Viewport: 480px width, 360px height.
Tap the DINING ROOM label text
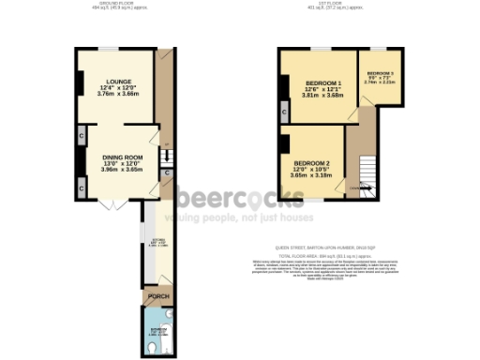tap(121, 157)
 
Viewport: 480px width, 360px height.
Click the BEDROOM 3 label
tap(380, 73)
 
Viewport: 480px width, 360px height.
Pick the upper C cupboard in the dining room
tap(82, 136)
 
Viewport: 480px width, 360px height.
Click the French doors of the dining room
tap(112, 203)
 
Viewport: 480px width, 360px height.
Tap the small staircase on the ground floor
tap(164, 155)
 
